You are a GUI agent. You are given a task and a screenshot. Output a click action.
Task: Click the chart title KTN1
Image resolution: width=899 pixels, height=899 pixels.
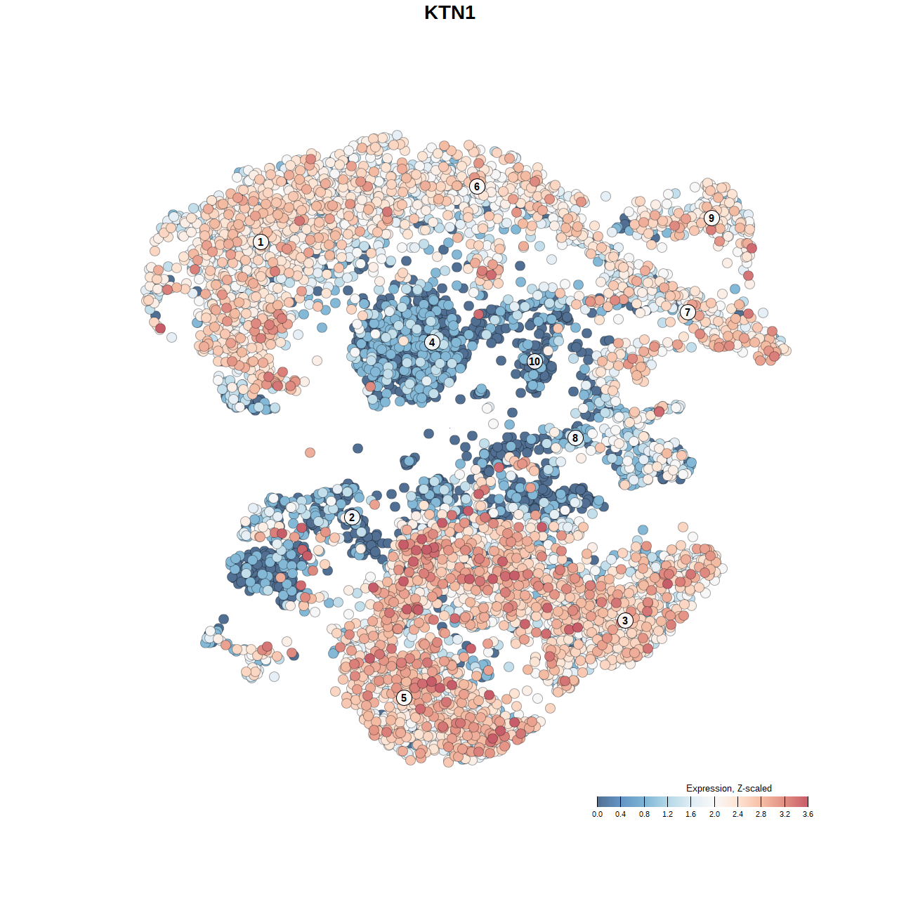click(449, 13)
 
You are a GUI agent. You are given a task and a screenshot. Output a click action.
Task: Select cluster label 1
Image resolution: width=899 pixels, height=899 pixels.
click(261, 242)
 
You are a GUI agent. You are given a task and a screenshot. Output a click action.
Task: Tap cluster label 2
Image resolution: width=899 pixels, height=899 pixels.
click(351, 518)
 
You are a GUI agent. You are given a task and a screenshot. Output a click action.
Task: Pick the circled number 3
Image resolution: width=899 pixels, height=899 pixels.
click(624, 620)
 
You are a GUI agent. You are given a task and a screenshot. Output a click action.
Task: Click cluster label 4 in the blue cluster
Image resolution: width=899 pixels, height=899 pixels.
click(432, 342)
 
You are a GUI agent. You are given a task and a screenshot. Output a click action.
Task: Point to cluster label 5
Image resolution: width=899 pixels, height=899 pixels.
click(403, 697)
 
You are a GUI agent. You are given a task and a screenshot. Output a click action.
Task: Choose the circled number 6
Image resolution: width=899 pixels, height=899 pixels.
click(477, 186)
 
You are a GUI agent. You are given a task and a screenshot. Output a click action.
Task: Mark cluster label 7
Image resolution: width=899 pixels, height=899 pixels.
click(688, 313)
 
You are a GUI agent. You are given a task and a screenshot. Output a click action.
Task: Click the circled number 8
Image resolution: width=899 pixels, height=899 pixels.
click(575, 438)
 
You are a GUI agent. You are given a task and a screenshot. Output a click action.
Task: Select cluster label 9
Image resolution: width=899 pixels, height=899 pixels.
click(711, 218)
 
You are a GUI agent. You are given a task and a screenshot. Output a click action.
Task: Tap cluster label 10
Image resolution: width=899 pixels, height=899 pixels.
click(534, 361)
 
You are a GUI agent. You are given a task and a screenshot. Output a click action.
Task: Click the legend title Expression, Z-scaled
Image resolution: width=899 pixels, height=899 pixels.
click(728, 788)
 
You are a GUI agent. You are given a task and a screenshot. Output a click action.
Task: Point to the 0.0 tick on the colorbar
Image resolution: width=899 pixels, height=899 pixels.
click(597, 814)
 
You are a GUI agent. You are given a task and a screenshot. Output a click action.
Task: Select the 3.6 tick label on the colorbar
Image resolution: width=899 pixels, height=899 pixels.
click(808, 814)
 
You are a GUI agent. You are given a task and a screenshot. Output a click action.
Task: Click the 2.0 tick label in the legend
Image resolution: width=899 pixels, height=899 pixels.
click(714, 814)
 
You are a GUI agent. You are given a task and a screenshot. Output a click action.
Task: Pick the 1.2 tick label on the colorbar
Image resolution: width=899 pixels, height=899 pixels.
click(667, 814)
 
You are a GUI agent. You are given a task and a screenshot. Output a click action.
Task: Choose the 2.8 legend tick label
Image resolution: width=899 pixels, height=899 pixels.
click(761, 814)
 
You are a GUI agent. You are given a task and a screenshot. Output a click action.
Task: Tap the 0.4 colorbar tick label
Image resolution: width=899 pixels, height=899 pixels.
click(620, 814)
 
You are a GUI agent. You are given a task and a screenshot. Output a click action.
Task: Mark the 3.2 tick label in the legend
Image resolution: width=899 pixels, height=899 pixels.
click(785, 814)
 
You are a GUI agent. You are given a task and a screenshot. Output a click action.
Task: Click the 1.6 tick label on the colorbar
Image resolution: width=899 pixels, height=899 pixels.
click(690, 814)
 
